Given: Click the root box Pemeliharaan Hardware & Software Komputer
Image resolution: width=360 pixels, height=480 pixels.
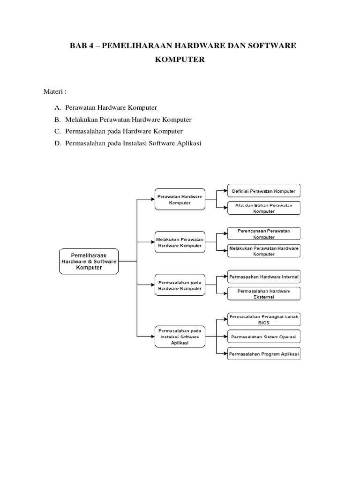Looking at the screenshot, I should click(89, 261).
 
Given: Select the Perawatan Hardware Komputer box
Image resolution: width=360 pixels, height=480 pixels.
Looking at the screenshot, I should click(180, 200).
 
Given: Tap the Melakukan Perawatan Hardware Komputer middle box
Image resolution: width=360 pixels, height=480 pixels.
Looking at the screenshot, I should click(180, 242).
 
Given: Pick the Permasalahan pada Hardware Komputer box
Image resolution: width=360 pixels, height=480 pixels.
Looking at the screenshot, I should click(180, 285).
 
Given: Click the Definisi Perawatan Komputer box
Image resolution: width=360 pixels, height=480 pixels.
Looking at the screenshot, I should click(264, 191).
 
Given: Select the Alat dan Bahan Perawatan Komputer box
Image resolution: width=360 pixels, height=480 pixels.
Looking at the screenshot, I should click(264, 208).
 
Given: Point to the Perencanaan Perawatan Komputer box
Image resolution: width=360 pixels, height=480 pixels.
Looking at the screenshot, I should click(264, 234).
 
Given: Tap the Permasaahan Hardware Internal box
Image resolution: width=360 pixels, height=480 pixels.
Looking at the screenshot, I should click(264, 277).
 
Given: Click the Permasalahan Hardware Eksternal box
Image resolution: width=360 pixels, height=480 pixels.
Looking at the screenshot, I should click(264, 294).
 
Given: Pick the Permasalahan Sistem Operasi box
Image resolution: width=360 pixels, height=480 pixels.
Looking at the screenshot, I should click(264, 337).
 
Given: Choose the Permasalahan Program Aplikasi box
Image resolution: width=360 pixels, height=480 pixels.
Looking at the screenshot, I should click(264, 354).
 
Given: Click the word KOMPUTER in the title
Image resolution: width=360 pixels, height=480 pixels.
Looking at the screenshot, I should click(183, 60).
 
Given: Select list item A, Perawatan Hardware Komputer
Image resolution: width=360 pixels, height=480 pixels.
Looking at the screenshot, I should click(111, 108).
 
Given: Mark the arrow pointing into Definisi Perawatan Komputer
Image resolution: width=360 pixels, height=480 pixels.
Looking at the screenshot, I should click(225, 191).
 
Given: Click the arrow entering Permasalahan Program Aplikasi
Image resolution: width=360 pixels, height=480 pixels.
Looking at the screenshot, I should click(225, 354).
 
